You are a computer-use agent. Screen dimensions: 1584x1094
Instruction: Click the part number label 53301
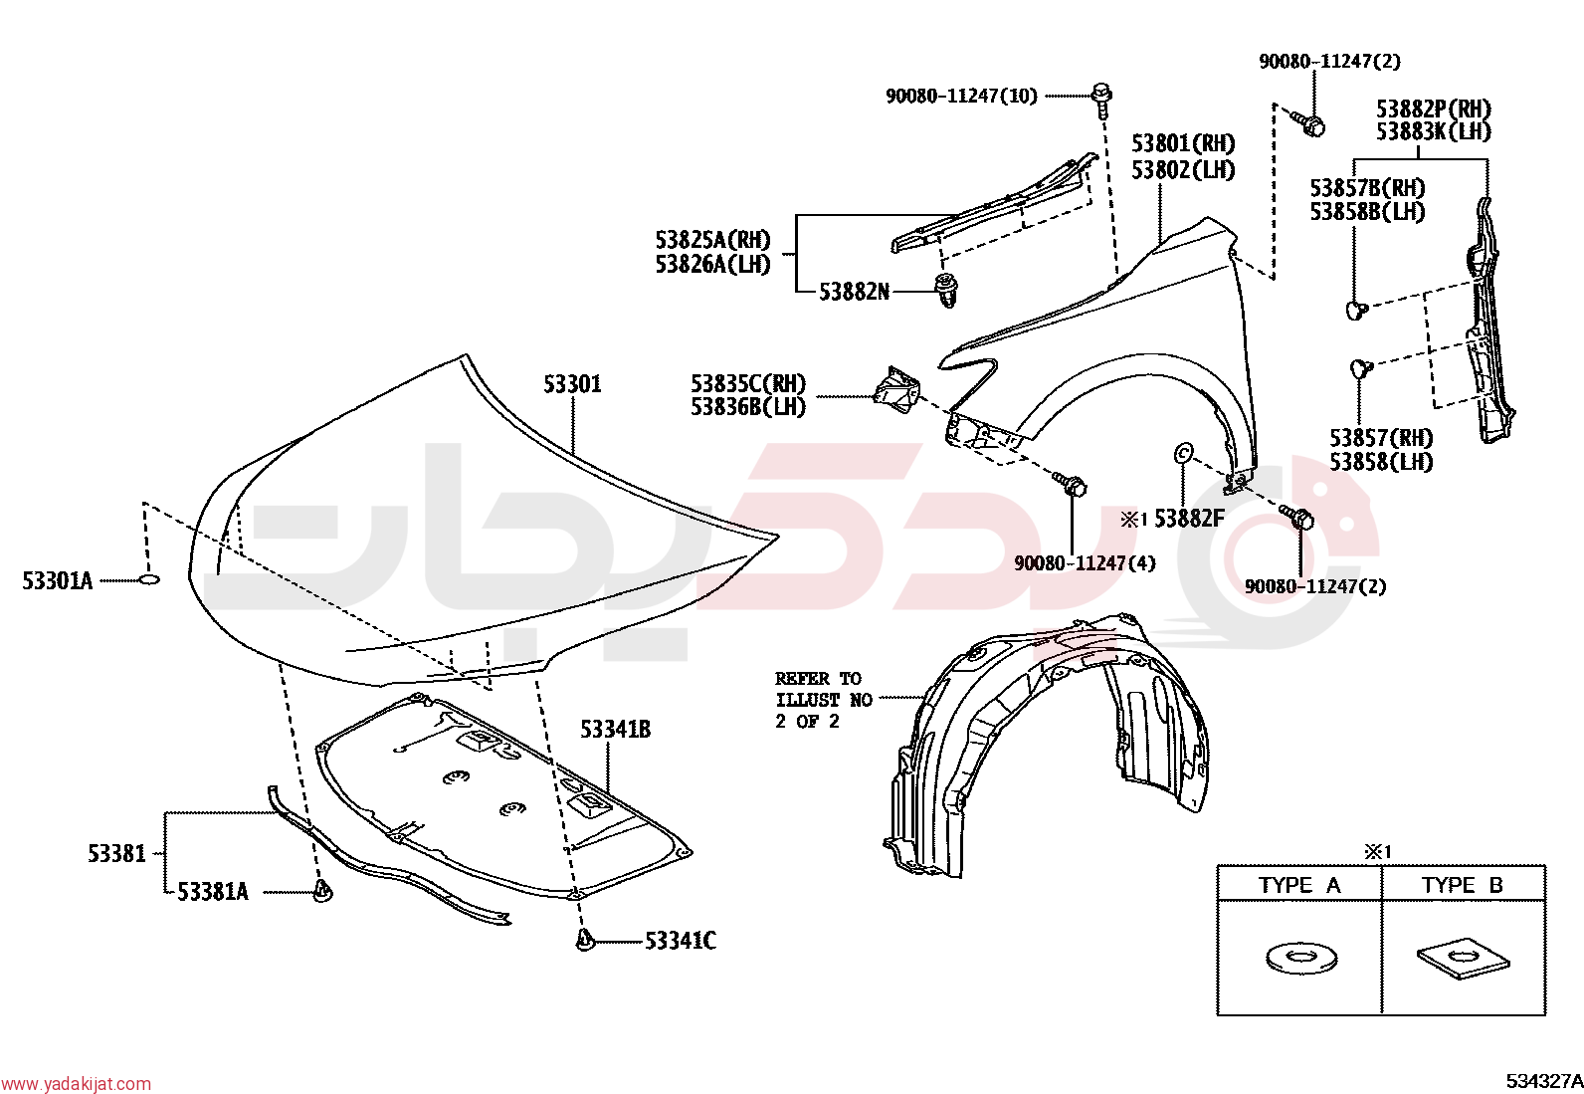tap(572, 384)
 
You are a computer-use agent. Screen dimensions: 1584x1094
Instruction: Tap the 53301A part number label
tap(58, 581)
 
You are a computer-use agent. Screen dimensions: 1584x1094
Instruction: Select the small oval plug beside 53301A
tap(148, 579)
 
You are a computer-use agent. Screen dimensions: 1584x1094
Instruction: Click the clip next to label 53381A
tap(323, 891)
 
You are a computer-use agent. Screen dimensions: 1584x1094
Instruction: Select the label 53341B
tap(615, 729)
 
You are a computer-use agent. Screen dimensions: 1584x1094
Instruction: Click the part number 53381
tap(116, 853)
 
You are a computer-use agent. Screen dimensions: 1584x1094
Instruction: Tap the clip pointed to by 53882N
tap(945, 290)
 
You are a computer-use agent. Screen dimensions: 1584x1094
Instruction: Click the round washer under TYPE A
tap(1300, 958)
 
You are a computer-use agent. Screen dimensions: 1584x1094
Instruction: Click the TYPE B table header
tap(1463, 885)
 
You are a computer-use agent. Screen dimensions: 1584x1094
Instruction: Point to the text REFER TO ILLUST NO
tap(824, 689)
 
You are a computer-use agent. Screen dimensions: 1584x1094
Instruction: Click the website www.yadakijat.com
tap(77, 1084)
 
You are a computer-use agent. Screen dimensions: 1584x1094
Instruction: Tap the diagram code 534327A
tap(1544, 1081)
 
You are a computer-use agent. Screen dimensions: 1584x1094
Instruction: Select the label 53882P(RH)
tap(1434, 109)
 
